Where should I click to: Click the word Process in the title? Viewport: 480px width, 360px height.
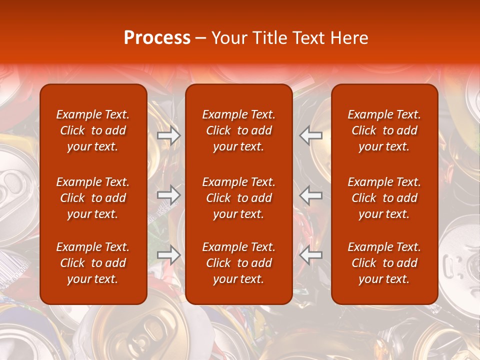pyautogui.click(x=157, y=38)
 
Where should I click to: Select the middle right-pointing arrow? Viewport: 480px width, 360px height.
pyautogui.click(x=168, y=194)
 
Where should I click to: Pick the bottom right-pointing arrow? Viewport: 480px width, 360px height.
pyautogui.click(x=168, y=254)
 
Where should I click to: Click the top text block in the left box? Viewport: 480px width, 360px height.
pyautogui.click(x=93, y=130)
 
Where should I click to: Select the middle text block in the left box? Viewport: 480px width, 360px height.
pyautogui.click(x=93, y=198)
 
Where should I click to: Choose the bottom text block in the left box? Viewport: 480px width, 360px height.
pyautogui.click(x=93, y=263)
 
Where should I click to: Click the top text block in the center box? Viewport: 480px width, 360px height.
pyautogui.click(x=239, y=130)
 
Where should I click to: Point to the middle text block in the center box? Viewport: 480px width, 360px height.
pyautogui.click(x=239, y=198)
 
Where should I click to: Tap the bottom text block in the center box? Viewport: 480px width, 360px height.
pyautogui.click(x=239, y=263)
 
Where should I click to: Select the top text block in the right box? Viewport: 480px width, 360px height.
pyautogui.click(x=384, y=130)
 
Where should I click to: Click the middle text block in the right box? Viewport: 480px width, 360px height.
pyautogui.click(x=384, y=198)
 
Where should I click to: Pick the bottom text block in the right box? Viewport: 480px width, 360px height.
pyautogui.click(x=384, y=263)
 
